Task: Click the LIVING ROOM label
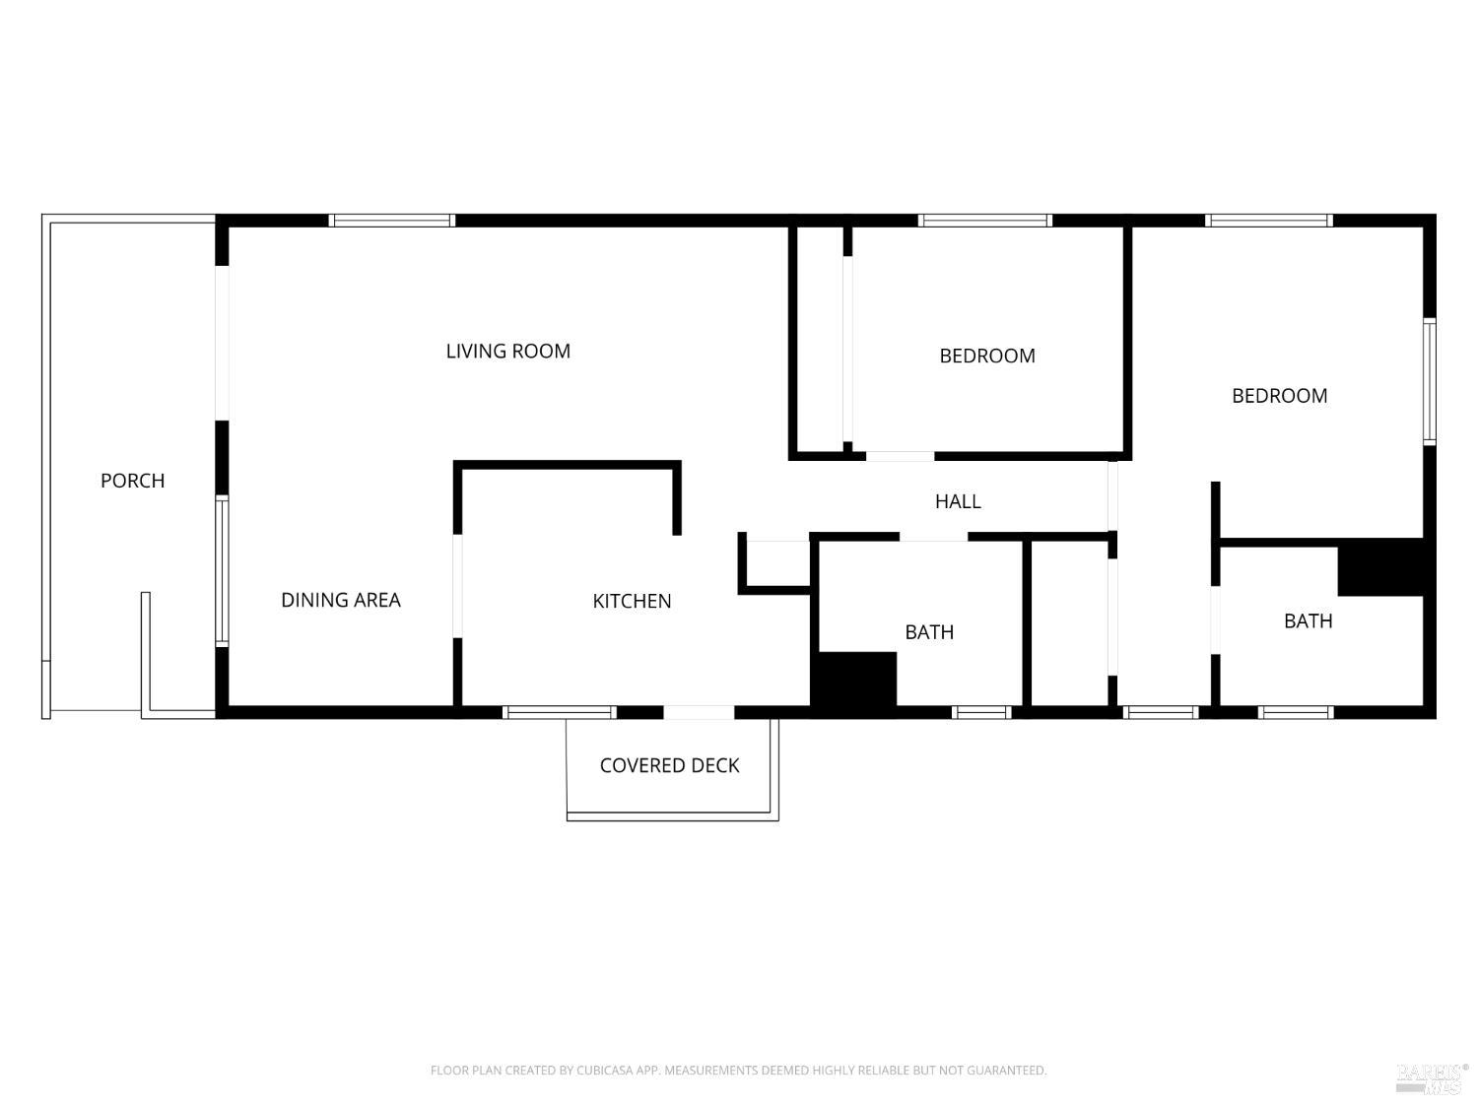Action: coord(507,352)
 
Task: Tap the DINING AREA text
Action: coord(341,600)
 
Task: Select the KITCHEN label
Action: coord(632,601)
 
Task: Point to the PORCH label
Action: coord(132,481)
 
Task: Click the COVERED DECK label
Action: coord(669,765)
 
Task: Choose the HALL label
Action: coord(958,501)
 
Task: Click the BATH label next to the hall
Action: coord(929,632)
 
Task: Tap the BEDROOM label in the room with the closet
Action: coord(986,356)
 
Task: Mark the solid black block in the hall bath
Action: coord(853,680)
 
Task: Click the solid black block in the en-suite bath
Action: coord(1379,568)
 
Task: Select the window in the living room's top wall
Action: coord(391,221)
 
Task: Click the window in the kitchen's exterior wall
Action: coord(559,712)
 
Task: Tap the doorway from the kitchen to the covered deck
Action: coord(699,712)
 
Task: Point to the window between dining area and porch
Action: coord(222,571)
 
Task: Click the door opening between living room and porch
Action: coord(222,343)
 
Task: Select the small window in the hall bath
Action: coord(981,712)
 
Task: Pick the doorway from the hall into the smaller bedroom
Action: coord(900,456)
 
